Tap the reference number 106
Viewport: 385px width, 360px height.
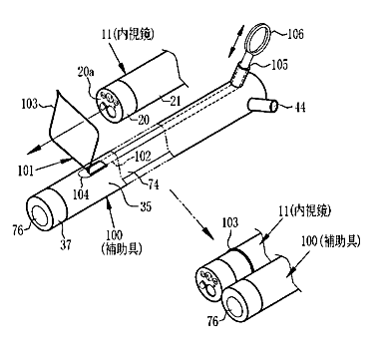295,34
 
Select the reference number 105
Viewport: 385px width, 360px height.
279,64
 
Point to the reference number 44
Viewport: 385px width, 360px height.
299,108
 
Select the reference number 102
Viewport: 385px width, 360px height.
142,157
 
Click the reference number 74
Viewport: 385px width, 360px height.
153,184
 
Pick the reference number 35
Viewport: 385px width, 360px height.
145,206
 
